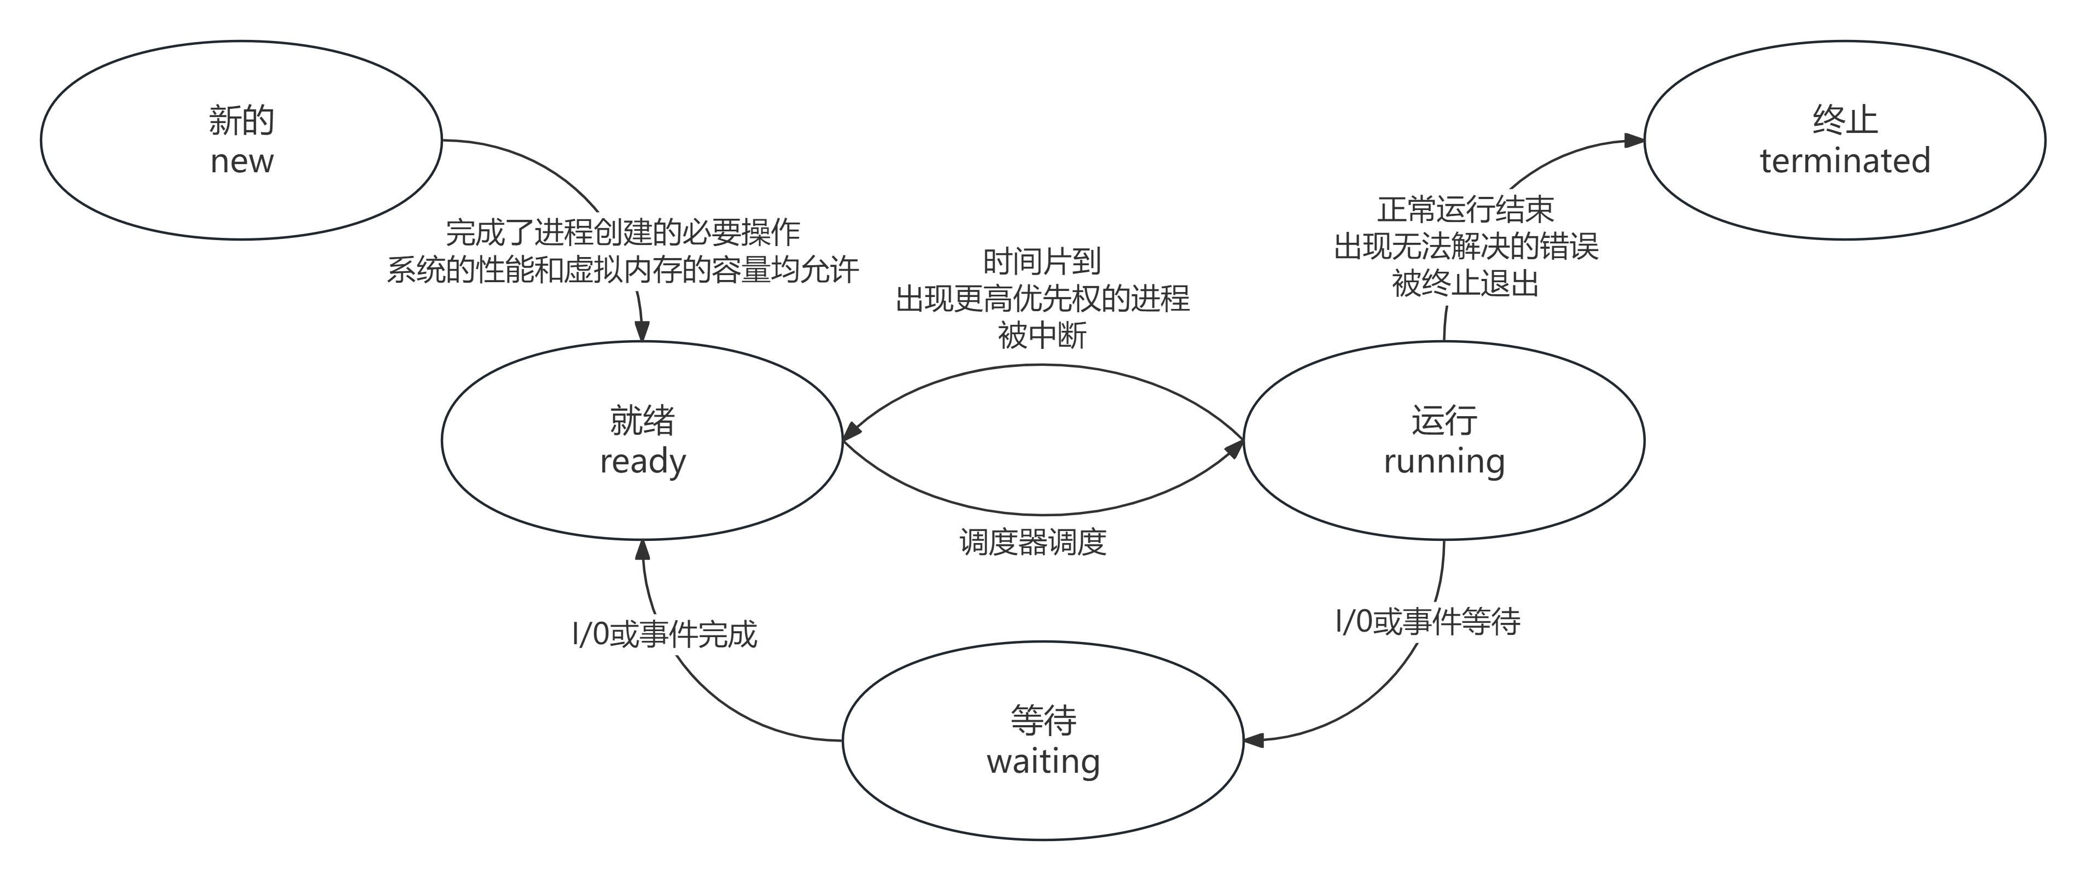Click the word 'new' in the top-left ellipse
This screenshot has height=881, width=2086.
241,161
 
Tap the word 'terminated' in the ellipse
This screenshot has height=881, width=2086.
1845,161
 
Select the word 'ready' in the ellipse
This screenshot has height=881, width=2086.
642,462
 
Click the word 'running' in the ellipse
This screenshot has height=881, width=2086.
1444,462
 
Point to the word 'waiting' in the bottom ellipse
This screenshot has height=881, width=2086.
1043,761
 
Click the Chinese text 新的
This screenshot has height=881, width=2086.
241,121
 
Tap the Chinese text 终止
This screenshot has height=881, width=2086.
1845,121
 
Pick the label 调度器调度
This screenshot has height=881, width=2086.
1033,542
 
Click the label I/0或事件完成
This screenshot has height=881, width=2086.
664,634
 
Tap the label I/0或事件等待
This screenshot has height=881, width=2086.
1427,622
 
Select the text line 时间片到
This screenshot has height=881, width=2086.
1041,261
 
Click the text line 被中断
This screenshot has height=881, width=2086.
1041,335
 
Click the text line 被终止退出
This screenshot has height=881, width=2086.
1466,283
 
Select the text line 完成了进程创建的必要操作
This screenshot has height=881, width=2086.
623,233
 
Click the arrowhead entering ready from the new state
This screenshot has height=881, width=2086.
642,331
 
